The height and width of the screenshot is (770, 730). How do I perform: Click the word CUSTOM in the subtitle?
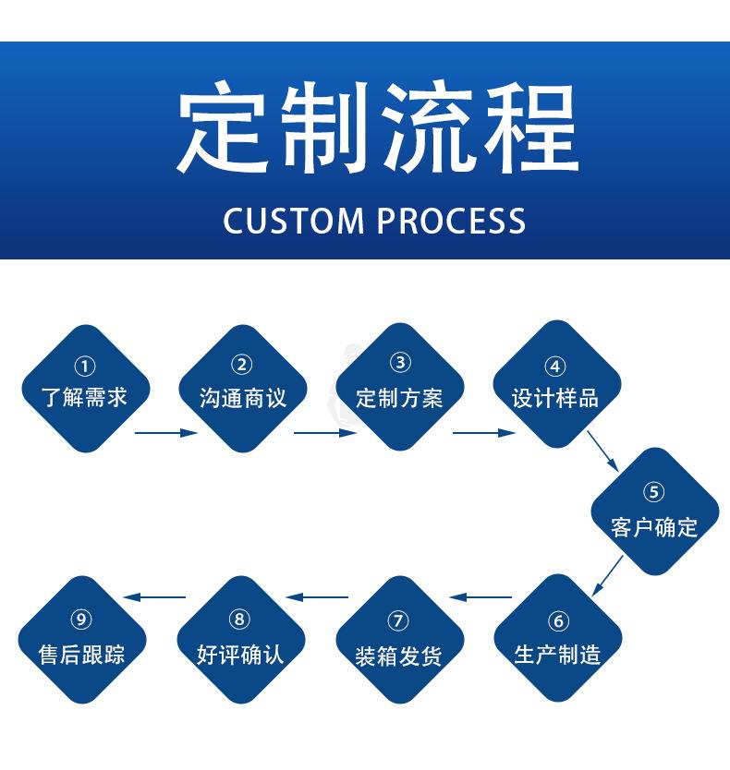(294, 221)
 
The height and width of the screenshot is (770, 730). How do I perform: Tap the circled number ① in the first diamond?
(84, 367)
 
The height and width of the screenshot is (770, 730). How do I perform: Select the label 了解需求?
(84, 398)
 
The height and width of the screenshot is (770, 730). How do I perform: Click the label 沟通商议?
(242, 398)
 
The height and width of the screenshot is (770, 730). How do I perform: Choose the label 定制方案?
(399, 398)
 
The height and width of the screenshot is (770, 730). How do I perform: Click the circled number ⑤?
(653, 492)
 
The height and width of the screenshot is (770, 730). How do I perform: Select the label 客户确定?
(653, 528)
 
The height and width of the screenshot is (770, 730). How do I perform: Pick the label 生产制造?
(557, 655)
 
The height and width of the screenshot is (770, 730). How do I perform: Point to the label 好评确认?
(240, 655)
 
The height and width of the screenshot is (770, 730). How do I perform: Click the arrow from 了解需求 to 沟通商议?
(165, 432)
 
